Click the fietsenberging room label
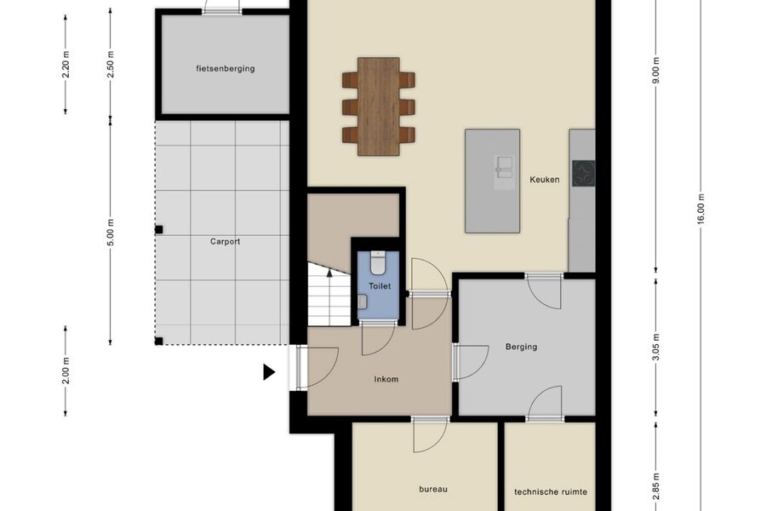(x=226, y=68)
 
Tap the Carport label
(x=225, y=242)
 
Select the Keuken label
(x=544, y=180)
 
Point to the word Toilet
(x=380, y=286)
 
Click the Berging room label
(x=521, y=347)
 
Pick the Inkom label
(x=386, y=379)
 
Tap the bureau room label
(x=433, y=489)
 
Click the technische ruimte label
(x=551, y=492)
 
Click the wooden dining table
(x=379, y=106)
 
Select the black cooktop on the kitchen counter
(x=584, y=174)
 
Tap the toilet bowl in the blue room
(x=378, y=262)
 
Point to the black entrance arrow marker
(x=269, y=372)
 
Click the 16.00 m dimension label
(x=700, y=209)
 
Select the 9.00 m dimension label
(x=655, y=71)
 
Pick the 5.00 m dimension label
(x=111, y=233)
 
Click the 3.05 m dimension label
(x=655, y=347)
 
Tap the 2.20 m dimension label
(x=66, y=64)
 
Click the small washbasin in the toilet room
(x=363, y=301)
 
